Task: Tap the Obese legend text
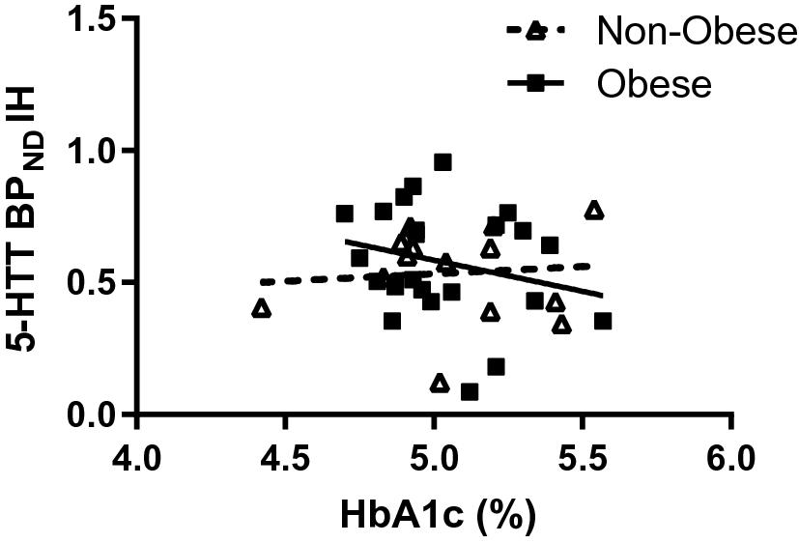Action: click(x=654, y=84)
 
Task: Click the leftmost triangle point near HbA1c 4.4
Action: click(x=261, y=309)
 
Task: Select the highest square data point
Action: click(x=442, y=162)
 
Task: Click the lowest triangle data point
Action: click(x=440, y=384)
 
